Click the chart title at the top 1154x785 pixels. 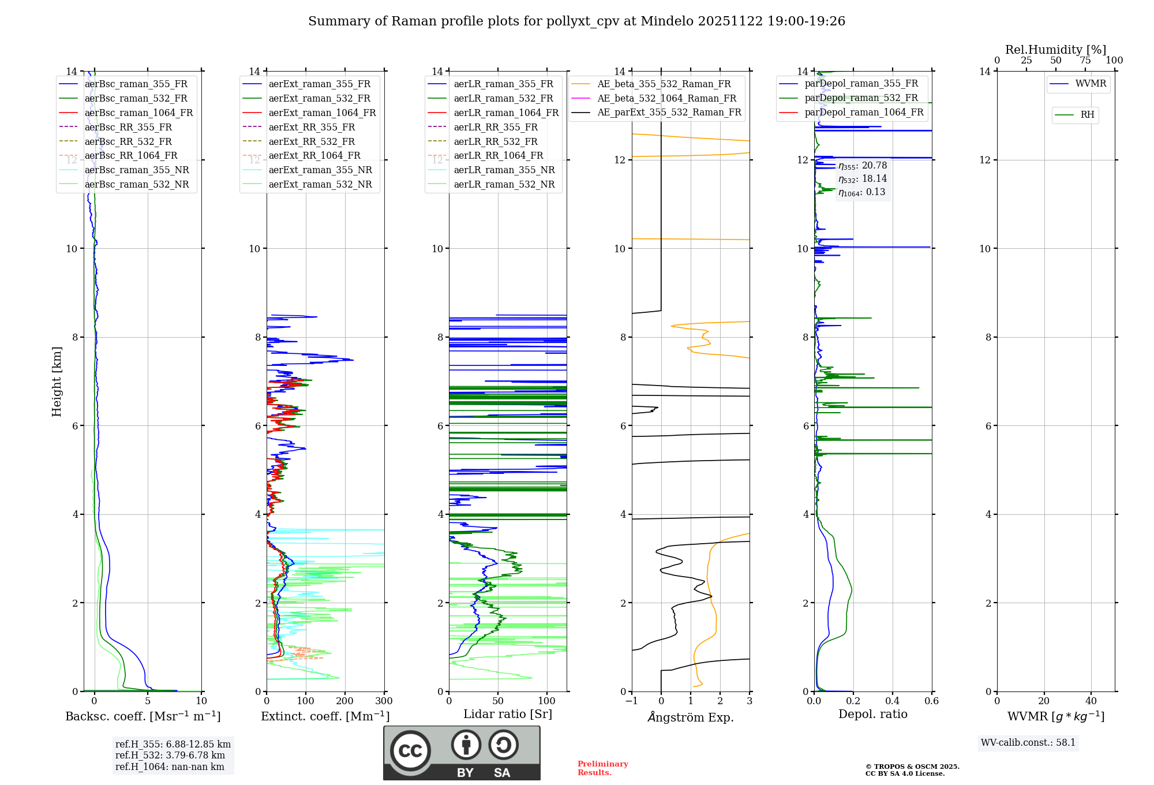[576, 21]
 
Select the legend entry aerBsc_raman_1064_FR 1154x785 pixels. [138, 113]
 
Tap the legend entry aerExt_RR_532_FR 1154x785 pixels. [312, 141]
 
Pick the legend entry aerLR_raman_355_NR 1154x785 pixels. [504, 170]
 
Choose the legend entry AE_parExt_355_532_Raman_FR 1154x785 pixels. [669, 112]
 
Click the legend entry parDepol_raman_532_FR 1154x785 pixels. [861, 98]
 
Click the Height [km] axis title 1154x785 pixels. [57, 382]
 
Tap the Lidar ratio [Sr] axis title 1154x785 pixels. [508, 714]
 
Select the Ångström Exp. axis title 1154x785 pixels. [691, 717]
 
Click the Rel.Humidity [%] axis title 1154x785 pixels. [1055, 50]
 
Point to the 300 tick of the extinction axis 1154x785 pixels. [384, 701]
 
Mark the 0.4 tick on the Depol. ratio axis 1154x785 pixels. [892, 701]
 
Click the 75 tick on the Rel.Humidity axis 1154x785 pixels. [1085, 61]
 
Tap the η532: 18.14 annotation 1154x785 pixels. [863, 179]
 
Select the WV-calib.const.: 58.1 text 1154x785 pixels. [1028, 743]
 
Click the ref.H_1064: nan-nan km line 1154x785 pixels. [170, 767]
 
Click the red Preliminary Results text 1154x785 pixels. [602, 768]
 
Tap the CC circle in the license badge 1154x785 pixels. [410, 751]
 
